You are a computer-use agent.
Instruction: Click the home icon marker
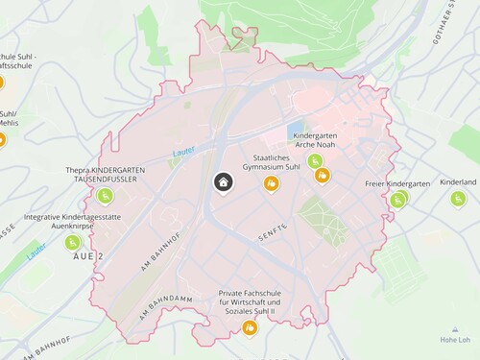(x=223, y=182)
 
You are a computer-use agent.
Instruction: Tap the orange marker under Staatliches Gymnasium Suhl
(x=273, y=181)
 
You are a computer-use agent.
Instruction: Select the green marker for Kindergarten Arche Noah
(x=315, y=160)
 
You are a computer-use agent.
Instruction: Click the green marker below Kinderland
(x=457, y=198)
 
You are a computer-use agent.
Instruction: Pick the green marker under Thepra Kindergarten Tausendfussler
(x=106, y=197)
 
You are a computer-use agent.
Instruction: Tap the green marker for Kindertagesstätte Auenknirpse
(x=73, y=242)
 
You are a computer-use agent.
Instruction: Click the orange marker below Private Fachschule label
(x=250, y=328)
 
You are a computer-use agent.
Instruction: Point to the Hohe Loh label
(x=455, y=340)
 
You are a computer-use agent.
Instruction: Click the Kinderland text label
(x=458, y=181)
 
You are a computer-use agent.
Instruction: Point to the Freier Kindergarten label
(x=397, y=182)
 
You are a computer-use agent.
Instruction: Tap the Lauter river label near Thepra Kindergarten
(x=184, y=153)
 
